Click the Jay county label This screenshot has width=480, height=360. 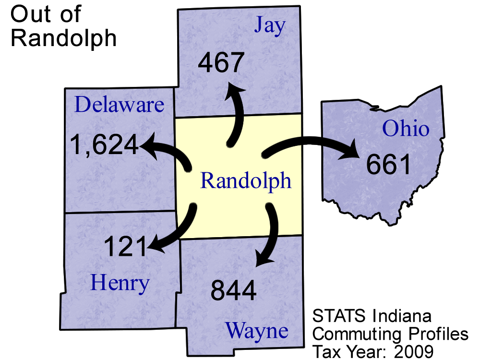click(x=270, y=26)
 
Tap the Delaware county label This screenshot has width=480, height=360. click(x=120, y=104)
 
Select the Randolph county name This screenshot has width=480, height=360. click(x=246, y=181)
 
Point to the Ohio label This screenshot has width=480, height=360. click(x=406, y=129)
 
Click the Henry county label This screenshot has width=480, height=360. click(x=120, y=283)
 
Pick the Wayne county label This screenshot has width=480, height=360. click(x=257, y=331)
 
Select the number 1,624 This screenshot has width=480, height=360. click(x=104, y=144)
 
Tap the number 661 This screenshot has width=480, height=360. click(x=389, y=165)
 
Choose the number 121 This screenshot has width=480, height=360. click(x=125, y=247)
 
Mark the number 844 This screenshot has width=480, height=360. click(x=234, y=291)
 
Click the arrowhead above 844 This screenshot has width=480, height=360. click(x=264, y=259)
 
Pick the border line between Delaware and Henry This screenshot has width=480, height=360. click(x=120, y=212)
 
